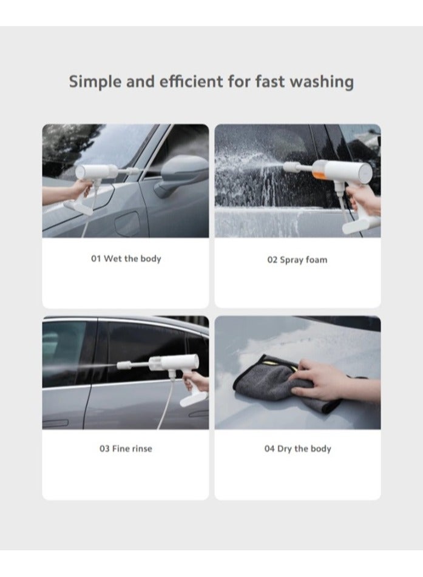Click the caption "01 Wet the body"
tap(126, 258)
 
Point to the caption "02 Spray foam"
tap(297, 260)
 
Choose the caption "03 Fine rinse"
tap(126, 448)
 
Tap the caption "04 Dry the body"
tap(297, 448)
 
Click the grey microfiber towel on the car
tap(271, 383)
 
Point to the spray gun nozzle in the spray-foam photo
tap(291, 167)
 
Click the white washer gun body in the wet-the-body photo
tap(96, 172)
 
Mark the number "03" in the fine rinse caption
tap(104, 448)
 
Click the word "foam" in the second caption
tap(316, 260)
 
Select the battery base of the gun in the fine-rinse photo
tap(194, 399)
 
